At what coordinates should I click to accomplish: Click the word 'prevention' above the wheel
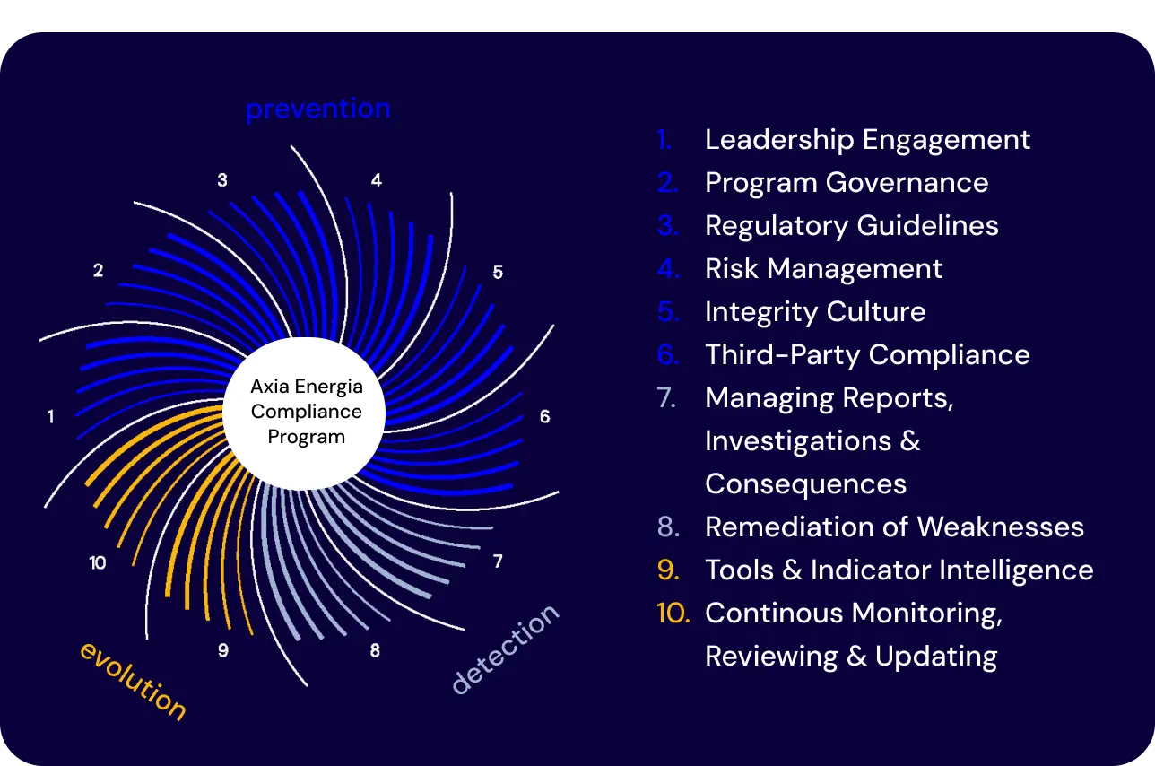click(318, 109)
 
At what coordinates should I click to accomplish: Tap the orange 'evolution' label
click(133, 681)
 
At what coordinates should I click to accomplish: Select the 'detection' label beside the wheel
click(505, 649)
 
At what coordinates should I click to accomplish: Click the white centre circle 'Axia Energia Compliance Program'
click(304, 413)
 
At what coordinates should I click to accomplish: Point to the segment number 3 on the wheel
click(222, 180)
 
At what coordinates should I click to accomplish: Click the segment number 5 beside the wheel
click(498, 272)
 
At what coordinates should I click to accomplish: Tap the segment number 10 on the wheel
click(98, 562)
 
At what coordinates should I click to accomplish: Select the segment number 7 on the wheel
click(498, 561)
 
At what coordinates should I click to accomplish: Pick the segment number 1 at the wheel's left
click(50, 416)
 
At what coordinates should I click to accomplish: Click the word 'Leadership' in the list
click(779, 139)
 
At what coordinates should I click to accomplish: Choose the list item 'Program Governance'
click(847, 183)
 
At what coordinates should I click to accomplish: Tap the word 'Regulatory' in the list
click(777, 226)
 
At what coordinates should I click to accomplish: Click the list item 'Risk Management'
click(823, 269)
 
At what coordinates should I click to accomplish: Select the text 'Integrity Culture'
click(815, 311)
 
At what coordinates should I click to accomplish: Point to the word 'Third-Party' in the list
click(783, 355)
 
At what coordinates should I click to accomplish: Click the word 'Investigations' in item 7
click(798, 441)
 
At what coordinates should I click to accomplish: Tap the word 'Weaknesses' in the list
click(1001, 527)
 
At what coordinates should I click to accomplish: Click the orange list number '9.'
click(668, 570)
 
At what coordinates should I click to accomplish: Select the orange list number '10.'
click(673, 613)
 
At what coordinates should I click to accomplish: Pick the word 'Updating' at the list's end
click(936, 657)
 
